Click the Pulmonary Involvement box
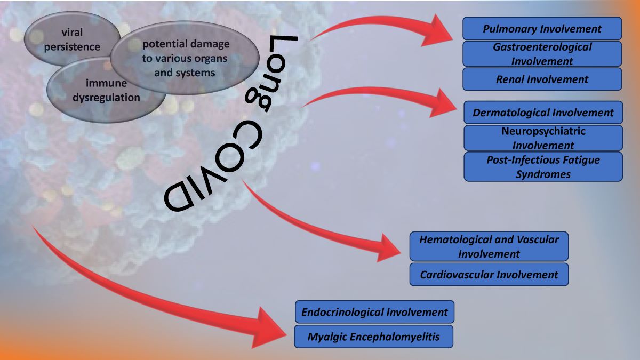(x=542, y=29)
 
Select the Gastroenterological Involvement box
(x=542, y=54)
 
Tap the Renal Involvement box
(x=542, y=79)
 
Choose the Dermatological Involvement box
(x=543, y=113)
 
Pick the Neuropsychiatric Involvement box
(x=543, y=138)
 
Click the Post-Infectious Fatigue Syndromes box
(x=543, y=167)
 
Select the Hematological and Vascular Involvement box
(x=489, y=246)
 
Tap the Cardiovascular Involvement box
(x=489, y=275)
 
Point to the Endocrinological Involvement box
(x=374, y=312)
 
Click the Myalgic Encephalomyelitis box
(x=373, y=337)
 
